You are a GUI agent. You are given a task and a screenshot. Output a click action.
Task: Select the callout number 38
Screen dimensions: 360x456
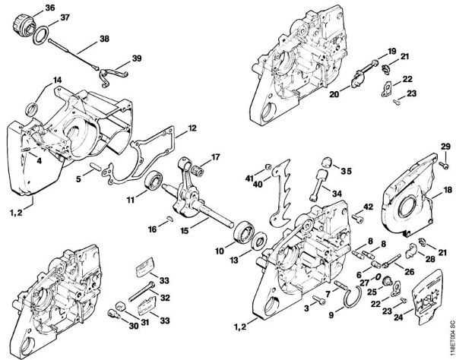pyautogui.click(x=104, y=39)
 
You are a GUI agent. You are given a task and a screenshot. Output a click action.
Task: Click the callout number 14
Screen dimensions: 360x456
pyautogui.click(x=36, y=81)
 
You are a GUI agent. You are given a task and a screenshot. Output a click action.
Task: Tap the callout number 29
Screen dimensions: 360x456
pyautogui.click(x=446, y=146)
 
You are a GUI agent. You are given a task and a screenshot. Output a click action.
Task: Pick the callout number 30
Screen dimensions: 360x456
pyautogui.click(x=112, y=327)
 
